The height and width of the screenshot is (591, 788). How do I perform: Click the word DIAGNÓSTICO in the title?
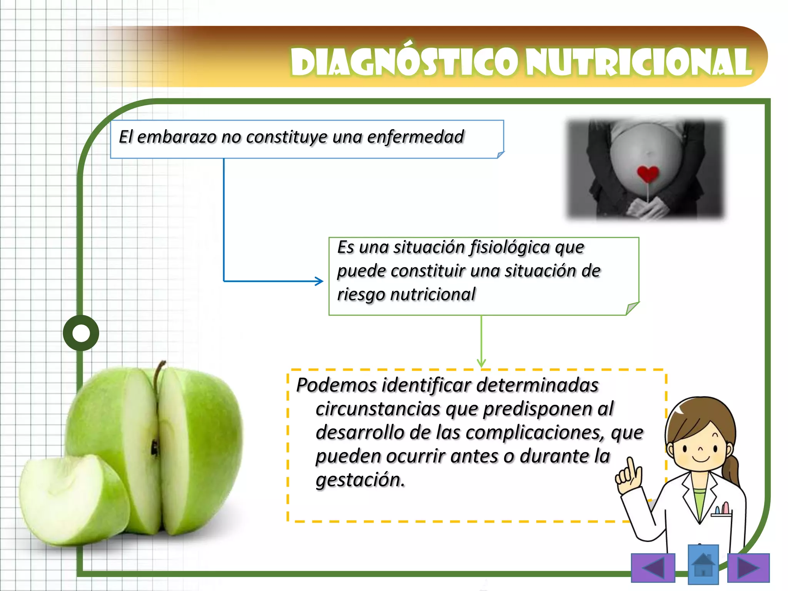[x=406, y=62]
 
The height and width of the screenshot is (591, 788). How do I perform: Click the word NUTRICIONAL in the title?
[x=639, y=62]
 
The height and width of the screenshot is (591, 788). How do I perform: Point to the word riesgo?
[x=361, y=295]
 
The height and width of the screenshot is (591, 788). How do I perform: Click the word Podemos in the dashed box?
[x=336, y=385]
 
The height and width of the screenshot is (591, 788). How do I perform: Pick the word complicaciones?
[x=534, y=432]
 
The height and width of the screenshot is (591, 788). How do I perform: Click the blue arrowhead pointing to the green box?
[x=319, y=281]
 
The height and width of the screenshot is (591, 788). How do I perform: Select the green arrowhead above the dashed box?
[x=481, y=363]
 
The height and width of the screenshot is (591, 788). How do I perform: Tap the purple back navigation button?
[x=653, y=568]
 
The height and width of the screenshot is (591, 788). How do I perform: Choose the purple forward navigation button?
[x=748, y=568]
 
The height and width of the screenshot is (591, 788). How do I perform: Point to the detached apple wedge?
[x=73, y=500]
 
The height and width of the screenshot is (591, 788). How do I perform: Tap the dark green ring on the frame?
[x=81, y=333]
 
